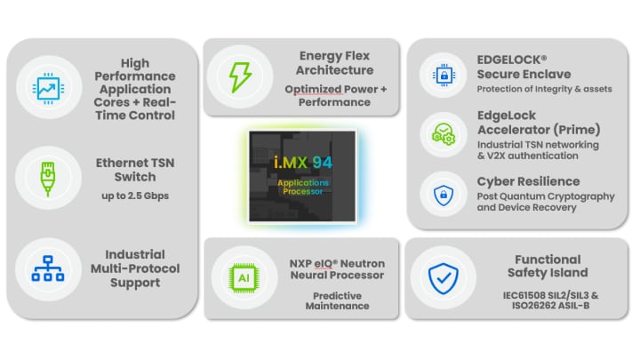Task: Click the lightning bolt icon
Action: [x=239, y=76]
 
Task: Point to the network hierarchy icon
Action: [x=44, y=268]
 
